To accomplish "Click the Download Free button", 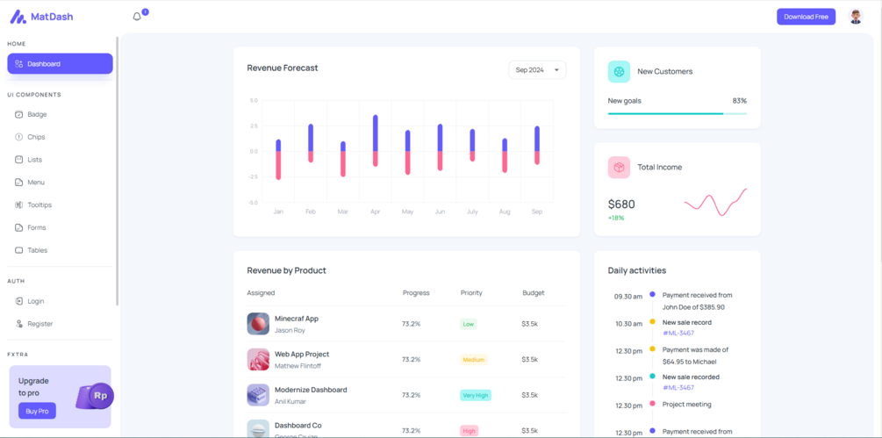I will (x=806, y=17).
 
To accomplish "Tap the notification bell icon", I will (x=137, y=17).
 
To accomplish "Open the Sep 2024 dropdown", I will (x=537, y=70).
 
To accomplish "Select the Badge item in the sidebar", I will (x=37, y=114).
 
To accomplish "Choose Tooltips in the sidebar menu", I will (x=39, y=205).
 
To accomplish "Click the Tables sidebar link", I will (x=37, y=250).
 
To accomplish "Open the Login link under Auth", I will (x=35, y=301).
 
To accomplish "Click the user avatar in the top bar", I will (x=856, y=17).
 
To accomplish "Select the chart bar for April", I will (x=376, y=140).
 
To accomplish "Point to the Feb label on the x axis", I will (x=311, y=212).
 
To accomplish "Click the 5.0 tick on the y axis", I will (x=254, y=100).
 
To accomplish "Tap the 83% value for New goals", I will (x=739, y=101).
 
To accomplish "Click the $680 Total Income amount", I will (x=621, y=204).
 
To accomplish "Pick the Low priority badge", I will (x=469, y=324).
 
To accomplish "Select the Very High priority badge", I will (x=475, y=395).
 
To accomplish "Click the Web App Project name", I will (x=302, y=354).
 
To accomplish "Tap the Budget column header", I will (x=533, y=292).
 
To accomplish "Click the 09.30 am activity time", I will (x=628, y=297).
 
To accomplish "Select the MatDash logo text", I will (x=52, y=17).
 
